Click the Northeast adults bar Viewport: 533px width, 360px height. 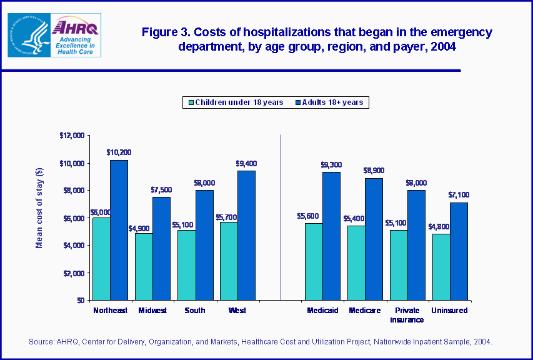(119, 230)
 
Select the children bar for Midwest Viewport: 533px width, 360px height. (144, 266)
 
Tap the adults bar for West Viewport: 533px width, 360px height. (246, 235)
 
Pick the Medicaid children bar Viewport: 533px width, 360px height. (314, 261)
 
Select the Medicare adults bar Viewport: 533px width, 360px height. (374, 239)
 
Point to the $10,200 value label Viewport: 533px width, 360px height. (118, 152)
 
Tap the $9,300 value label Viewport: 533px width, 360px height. (331, 164)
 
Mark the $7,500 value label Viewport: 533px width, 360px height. (161, 189)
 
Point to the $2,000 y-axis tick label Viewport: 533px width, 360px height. (74, 273)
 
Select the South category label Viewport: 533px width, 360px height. (194, 311)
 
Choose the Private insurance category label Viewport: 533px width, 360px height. (407, 315)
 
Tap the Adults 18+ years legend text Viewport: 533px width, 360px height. (332, 102)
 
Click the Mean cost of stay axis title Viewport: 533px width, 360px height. (39, 208)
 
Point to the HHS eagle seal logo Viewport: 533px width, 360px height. (27, 36)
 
